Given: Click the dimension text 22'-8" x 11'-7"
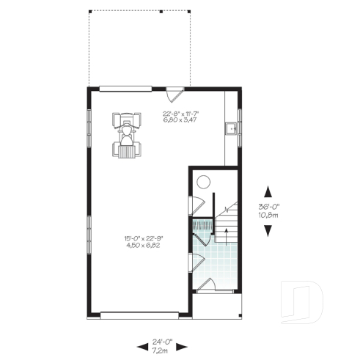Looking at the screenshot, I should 181,113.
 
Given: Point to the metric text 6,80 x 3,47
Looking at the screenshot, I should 181,120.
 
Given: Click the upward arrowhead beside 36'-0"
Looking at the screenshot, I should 269,190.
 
